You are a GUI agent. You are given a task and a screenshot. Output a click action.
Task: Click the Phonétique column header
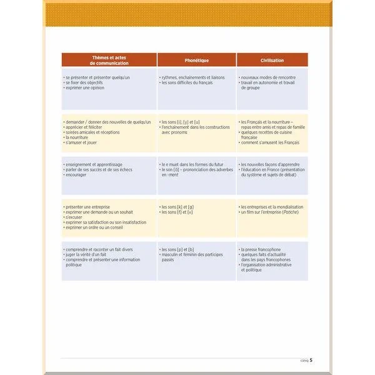point(197,61)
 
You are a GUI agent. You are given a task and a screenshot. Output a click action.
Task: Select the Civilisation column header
point(272,61)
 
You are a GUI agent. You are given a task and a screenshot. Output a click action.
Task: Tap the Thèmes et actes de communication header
point(109,61)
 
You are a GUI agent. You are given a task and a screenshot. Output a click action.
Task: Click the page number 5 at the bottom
point(311,360)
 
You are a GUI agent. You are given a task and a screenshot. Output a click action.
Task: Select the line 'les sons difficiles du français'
point(187,82)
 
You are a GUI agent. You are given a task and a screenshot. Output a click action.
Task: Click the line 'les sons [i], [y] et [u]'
point(181,122)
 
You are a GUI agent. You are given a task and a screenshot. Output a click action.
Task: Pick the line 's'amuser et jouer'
point(82,143)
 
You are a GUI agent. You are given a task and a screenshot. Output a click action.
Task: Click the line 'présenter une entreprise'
point(89,207)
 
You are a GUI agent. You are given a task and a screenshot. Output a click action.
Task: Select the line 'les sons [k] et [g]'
point(177,207)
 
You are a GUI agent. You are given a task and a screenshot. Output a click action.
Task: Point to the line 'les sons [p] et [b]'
point(177,249)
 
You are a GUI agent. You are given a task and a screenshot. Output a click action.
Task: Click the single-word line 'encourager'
point(76,175)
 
